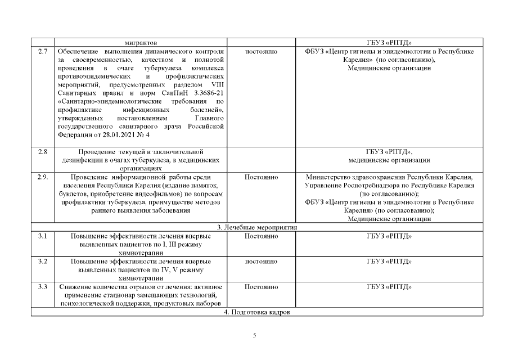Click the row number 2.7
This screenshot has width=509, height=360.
click(42, 52)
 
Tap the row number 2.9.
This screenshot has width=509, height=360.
click(43, 177)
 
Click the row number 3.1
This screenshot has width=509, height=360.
click(42, 236)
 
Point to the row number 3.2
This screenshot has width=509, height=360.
click(42, 262)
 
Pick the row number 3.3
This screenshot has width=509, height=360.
click(42, 287)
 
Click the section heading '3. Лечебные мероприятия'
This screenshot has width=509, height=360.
click(257, 227)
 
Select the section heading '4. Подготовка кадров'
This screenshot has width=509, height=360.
click(257, 312)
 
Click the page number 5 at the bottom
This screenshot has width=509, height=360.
click(255, 336)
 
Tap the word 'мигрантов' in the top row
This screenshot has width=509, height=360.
click(141, 43)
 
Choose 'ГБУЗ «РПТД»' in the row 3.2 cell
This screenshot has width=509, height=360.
click(389, 262)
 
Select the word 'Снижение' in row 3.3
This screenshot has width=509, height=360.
click(75, 287)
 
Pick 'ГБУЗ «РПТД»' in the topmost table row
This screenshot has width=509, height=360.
click(389, 43)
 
